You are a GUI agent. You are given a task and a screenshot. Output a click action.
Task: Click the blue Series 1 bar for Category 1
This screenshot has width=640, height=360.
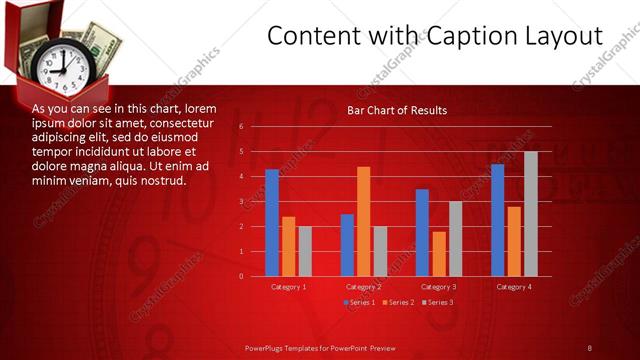272,223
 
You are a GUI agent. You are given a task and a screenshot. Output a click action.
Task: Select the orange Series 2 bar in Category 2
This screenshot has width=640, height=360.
363,221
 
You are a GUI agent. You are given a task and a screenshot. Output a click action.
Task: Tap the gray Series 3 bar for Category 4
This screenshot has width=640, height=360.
530,214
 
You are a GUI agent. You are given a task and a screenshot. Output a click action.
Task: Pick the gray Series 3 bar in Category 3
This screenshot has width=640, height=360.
455,239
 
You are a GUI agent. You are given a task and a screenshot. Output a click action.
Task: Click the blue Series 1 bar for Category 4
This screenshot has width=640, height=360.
497,220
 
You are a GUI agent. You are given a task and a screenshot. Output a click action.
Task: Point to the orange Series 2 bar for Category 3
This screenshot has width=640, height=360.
439,254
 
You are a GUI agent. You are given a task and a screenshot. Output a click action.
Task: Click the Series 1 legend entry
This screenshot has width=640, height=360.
360,301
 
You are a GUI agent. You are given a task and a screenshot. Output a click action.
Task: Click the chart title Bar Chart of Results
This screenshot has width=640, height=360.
397,110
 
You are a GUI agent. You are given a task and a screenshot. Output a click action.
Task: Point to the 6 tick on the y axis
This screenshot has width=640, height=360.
241,127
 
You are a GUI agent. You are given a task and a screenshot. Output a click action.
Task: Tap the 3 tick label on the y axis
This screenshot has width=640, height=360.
241,202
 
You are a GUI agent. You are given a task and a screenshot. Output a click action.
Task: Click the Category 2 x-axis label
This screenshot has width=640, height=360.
364,287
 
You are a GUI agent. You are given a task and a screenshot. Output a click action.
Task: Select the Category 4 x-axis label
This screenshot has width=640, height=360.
514,287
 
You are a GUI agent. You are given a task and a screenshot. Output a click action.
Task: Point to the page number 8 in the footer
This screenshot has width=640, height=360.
589,348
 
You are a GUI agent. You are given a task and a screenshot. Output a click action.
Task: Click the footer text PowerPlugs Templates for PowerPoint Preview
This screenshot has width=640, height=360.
320,348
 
